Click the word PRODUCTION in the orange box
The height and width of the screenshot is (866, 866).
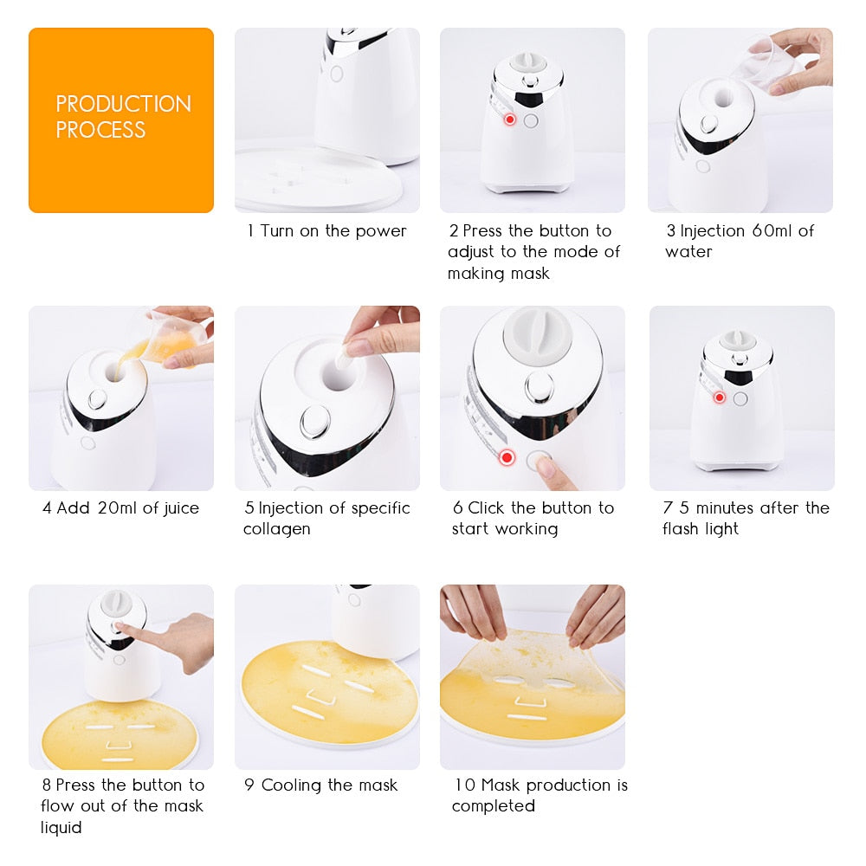tap(123, 104)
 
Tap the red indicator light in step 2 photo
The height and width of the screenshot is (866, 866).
tap(510, 120)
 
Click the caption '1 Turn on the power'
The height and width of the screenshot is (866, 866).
tap(326, 231)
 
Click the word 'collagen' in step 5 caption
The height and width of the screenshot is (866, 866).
tap(278, 529)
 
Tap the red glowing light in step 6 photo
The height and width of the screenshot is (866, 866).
tap(507, 456)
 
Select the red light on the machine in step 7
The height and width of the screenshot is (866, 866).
tap(719, 397)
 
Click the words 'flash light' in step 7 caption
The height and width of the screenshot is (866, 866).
tap(701, 529)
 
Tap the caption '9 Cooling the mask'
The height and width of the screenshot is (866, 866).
tap(320, 785)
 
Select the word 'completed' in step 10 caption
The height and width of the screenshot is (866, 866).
tap(494, 806)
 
